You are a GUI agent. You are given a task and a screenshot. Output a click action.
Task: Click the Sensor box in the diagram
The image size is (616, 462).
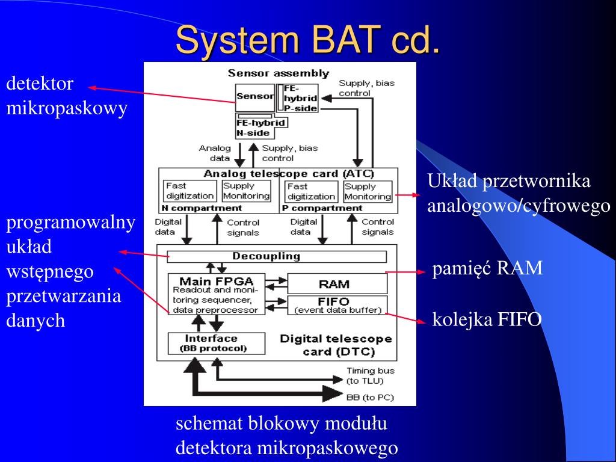point(254,96)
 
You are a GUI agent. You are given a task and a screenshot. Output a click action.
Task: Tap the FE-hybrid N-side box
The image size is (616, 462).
point(260,127)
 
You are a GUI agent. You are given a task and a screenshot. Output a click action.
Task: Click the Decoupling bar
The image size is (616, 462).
point(276,256)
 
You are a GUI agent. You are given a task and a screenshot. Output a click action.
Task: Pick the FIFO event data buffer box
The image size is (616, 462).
point(337,305)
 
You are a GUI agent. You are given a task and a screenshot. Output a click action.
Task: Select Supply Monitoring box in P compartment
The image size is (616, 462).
point(368,191)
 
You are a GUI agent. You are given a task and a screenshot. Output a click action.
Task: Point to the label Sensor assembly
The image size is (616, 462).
point(278,73)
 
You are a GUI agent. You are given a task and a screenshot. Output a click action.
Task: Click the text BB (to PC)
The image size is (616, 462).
point(366,397)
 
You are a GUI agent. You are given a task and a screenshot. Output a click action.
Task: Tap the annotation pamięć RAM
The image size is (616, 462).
point(487,268)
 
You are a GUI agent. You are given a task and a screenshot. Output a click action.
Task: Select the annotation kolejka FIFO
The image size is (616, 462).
point(487,319)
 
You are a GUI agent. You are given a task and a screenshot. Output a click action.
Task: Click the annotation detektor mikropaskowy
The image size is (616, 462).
point(66,96)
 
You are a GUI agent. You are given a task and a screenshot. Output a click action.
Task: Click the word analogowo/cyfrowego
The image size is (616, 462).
point(519,206)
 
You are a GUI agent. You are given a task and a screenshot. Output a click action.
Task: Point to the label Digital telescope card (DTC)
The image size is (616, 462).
point(336,345)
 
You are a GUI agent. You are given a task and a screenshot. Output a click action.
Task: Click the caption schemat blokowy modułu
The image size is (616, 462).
point(282,423)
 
